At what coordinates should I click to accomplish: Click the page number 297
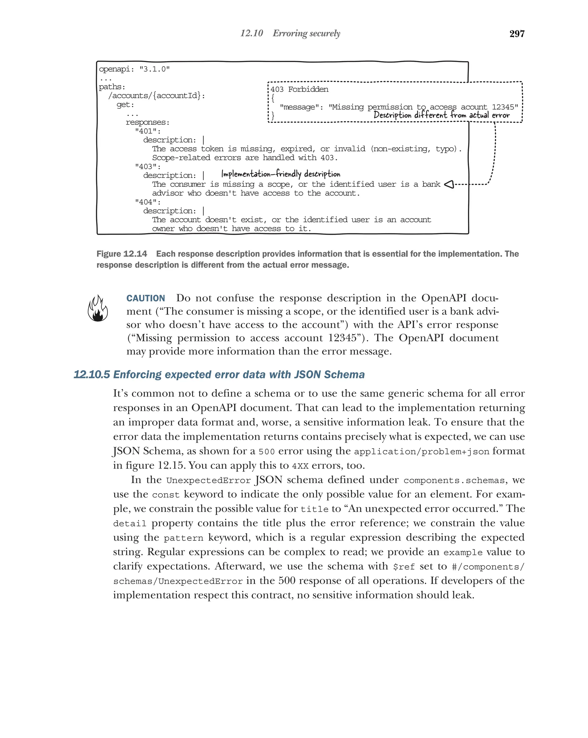pos(517,34)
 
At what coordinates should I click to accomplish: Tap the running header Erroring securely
pos(306,33)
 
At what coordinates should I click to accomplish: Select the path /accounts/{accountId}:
pos(157,95)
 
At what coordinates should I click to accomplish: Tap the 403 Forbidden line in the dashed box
pos(299,89)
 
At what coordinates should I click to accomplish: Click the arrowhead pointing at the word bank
pos(449,184)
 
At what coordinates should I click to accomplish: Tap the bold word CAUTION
pos(146,298)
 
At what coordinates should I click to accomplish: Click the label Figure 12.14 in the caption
pos(122,254)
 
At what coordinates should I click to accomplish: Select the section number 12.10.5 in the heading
pos(92,375)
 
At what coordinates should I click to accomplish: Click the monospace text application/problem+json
pos(421,452)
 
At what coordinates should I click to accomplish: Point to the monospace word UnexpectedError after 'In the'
pos(208,480)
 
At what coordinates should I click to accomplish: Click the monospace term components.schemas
pos(454,480)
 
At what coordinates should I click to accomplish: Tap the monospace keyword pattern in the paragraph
pos(183,538)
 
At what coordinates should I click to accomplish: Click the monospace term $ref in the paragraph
pos(404,566)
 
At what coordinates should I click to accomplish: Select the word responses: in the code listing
pos(147,122)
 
